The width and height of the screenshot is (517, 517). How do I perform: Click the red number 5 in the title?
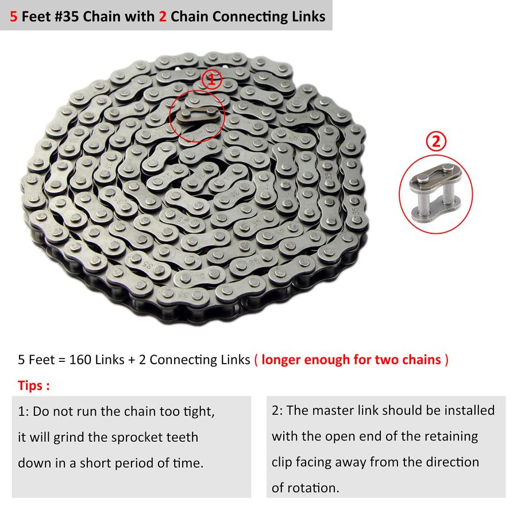tap(13, 17)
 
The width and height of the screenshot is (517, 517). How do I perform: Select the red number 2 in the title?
tap(163, 17)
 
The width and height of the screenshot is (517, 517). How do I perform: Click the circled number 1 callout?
tap(211, 79)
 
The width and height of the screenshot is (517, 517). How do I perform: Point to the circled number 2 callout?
tap(436, 141)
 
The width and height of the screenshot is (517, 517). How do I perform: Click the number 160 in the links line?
tap(80, 360)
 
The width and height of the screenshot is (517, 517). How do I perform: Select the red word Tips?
tap(30, 386)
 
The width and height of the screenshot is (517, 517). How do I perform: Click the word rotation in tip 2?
tap(313, 488)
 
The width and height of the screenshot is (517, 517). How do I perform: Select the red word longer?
tap(280, 360)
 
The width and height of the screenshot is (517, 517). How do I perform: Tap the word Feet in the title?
tap(36, 17)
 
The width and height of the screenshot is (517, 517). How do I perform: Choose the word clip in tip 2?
tap(282, 462)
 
